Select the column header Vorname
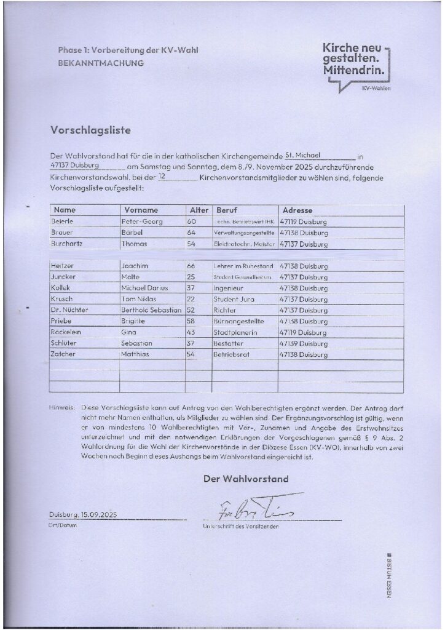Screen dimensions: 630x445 click(141, 210)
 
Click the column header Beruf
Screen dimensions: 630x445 click(226, 210)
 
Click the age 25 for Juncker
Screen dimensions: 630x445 click(191, 277)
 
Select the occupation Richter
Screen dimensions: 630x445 click(225, 310)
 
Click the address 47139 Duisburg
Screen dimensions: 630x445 click(304, 343)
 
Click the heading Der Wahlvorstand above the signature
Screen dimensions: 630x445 click(246, 479)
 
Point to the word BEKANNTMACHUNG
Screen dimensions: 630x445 click(101, 63)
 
